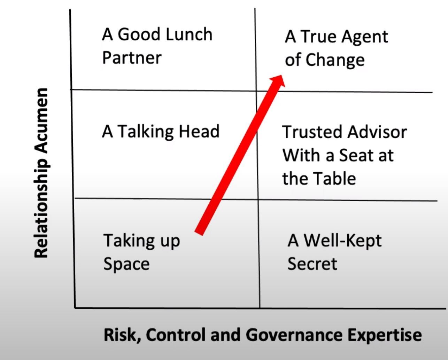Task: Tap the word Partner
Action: coord(132,57)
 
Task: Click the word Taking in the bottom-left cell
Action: coord(127,241)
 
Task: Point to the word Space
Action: coord(126,264)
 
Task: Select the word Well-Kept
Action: coord(342,240)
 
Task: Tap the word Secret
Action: coord(312,263)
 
